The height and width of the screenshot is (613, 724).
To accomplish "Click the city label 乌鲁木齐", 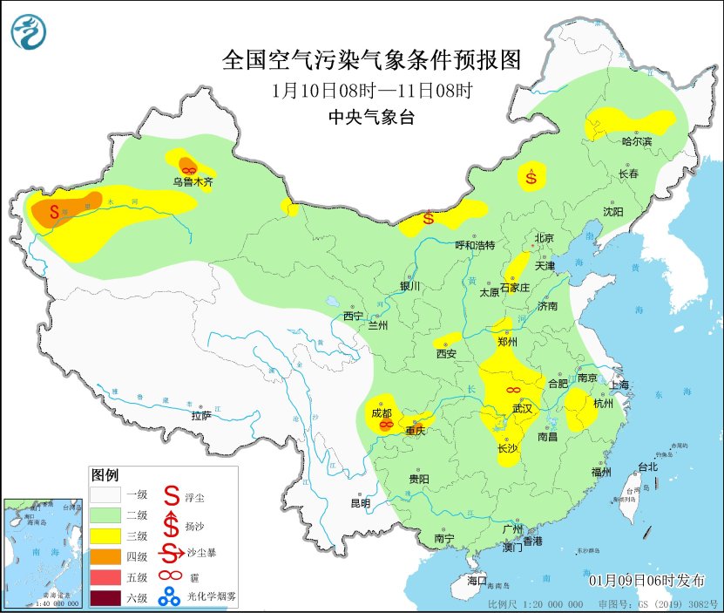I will [x=193, y=182].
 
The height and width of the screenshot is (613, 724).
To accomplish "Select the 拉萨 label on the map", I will [x=201, y=416].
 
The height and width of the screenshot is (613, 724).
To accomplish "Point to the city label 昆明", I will [x=360, y=503].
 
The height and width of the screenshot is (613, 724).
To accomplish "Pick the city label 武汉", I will [x=523, y=408].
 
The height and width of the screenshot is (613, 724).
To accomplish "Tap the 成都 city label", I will [x=381, y=412].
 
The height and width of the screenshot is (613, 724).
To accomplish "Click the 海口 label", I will [x=477, y=581].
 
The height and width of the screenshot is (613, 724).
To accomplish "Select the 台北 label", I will [x=646, y=467].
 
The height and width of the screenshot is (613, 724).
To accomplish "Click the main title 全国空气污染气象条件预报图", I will [x=371, y=60].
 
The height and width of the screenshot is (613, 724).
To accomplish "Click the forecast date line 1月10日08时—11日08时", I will [x=371, y=90].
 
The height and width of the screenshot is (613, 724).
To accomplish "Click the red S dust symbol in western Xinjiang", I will [x=55, y=211].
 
